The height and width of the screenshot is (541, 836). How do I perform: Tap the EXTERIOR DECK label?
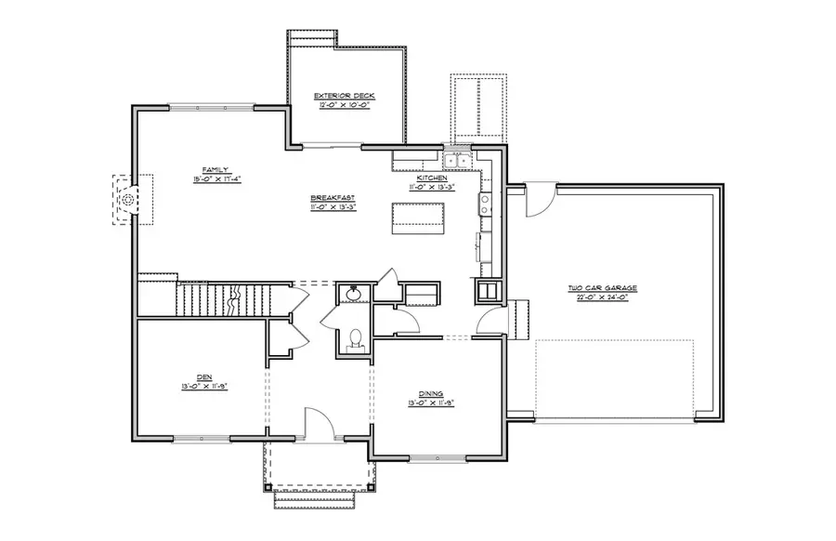click(344, 96)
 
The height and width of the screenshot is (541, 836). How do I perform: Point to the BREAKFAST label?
click(333, 198)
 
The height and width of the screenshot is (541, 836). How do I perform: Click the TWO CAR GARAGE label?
click(602, 288)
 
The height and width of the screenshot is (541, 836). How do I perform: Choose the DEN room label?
click(203, 376)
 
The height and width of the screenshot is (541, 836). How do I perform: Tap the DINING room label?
click(429, 393)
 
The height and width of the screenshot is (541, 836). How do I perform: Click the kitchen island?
click(416, 217)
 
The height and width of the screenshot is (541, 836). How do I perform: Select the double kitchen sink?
click(456, 162)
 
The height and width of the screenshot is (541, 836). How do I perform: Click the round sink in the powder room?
click(353, 294)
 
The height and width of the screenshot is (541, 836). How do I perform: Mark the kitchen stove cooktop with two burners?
click(485, 204)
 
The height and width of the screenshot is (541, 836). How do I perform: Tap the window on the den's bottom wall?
click(202, 437)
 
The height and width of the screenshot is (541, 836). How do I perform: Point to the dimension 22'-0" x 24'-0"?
click(602, 299)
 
